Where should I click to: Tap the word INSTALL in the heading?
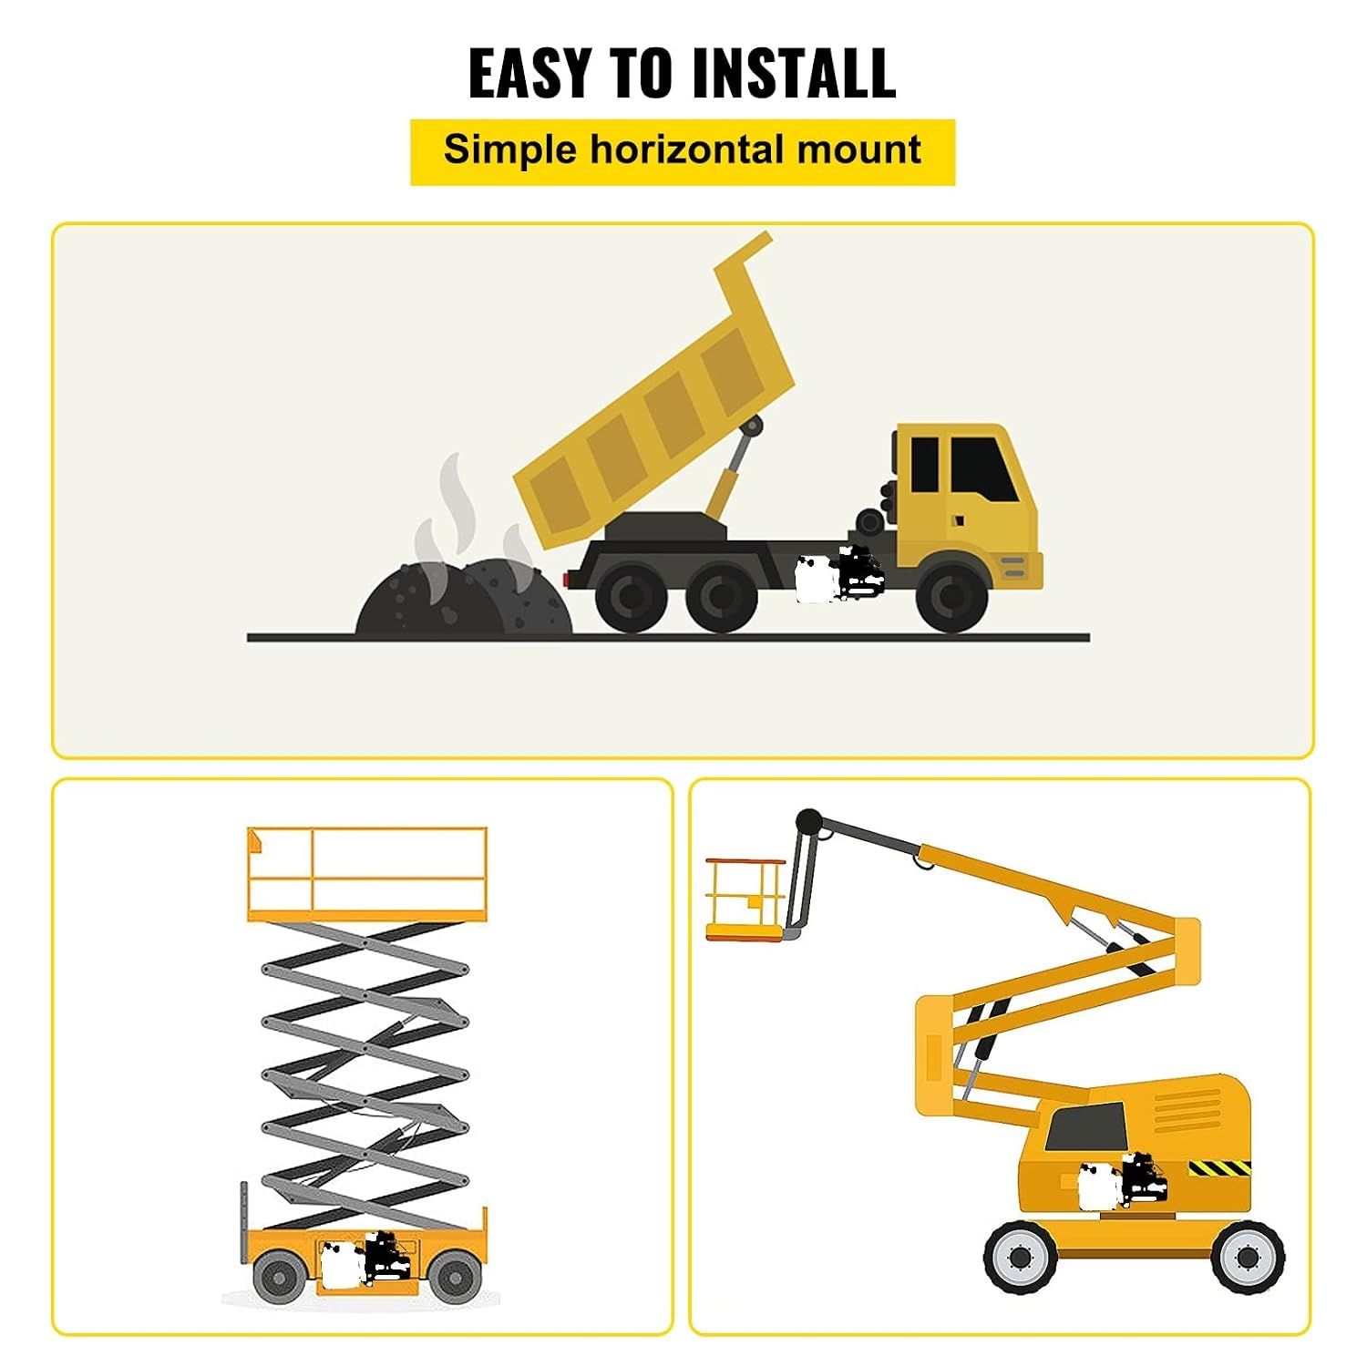coord(794,72)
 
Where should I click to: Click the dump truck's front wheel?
coord(951,597)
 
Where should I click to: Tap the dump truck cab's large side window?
coord(982,468)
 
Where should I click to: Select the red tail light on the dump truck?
coord(567,580)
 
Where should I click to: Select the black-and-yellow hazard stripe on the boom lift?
coord(1219,1167)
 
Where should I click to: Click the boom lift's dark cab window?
coord(1087,1126)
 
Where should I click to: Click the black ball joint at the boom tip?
coord(808,821)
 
